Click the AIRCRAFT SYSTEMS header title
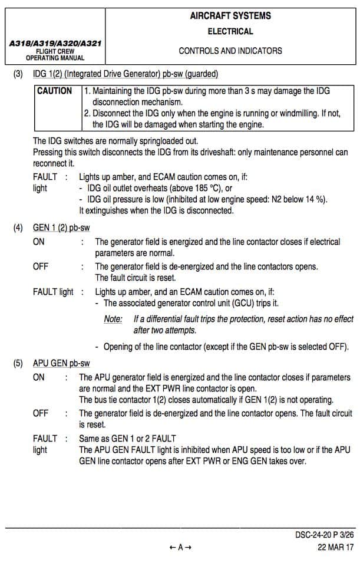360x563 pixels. pos(230,16)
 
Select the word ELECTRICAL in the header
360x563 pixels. pos(230,31)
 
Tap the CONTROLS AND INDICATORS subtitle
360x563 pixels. pos(230,51)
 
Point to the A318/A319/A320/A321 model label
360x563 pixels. pos(55,44)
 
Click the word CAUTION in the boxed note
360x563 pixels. pos(54,91)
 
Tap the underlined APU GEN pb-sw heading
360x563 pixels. pos(61,363)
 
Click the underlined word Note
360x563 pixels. pos(113,319)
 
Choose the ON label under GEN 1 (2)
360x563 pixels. pos(39,242)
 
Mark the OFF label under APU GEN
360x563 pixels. pos(41,413)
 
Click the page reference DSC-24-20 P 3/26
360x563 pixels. pos(325,535)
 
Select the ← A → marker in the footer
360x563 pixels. pos(180,547)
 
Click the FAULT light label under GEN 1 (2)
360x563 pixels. pos(54,292)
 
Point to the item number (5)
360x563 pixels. pos(19,363)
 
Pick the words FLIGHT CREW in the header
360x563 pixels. pos(55,51)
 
